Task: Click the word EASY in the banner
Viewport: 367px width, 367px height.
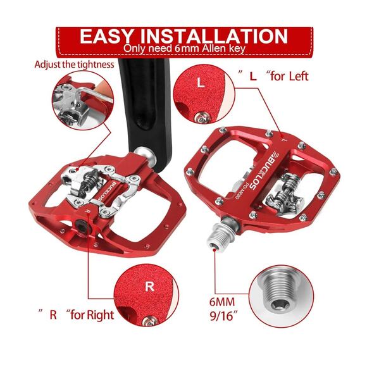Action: [x=106, y=36]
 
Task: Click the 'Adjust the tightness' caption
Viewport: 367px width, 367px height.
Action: [x=75, y=65]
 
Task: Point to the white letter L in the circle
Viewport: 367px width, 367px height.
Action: [x=201, y=82]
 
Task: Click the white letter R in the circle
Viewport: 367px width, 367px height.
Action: [x=149, y=286]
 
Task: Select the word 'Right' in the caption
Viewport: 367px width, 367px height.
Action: [x=99, y=315]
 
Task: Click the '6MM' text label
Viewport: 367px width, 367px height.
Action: [x=222, y=302]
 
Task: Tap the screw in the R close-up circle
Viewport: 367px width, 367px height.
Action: [x=150, y=320]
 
